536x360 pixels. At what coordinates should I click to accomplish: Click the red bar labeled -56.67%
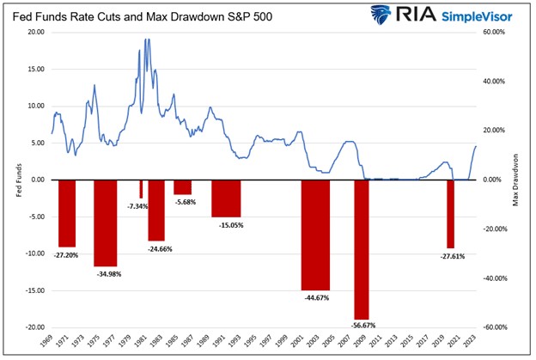(361, 249)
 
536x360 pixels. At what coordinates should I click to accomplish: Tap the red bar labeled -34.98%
(105, 223)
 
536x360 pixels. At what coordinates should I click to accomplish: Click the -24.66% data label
(156, 248)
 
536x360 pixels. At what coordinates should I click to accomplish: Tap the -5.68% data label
(184, 203)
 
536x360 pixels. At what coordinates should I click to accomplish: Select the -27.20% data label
(67, 255)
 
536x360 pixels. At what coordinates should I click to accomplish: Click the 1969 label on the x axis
(52, 344)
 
